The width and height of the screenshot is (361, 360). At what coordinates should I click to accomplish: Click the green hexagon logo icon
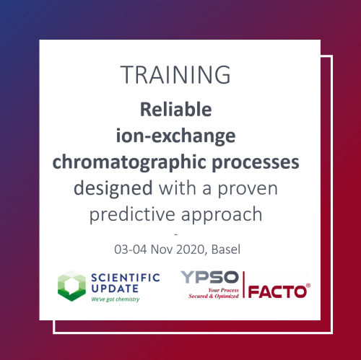tap(71, 286)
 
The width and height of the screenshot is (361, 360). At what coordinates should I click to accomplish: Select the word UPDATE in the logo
tap(108, 289)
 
